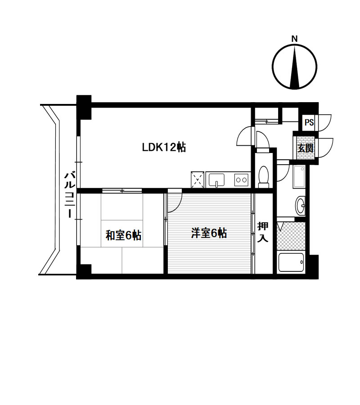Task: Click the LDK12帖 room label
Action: [x=164, y=148]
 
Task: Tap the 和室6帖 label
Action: [x=123, y=235]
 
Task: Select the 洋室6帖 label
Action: [x=209, y=233]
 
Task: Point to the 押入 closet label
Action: [x=263, y=232]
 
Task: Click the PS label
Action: [x=309, y=122]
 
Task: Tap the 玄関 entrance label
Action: [x=306, y=148]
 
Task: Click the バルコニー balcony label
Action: [x=70, y=195]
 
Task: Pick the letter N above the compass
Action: [x=294, y=39]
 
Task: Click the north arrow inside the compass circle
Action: [x=295, y=67]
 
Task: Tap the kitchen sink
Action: [x=216, y=180]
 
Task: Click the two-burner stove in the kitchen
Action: [x=241, y=180]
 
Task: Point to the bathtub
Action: [x=291, y=262]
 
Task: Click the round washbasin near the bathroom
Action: [x=300, y=206]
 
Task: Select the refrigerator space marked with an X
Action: [x=198, y=180]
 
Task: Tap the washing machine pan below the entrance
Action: [x=299, y=177]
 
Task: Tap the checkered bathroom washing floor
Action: [x=291, y=235]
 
